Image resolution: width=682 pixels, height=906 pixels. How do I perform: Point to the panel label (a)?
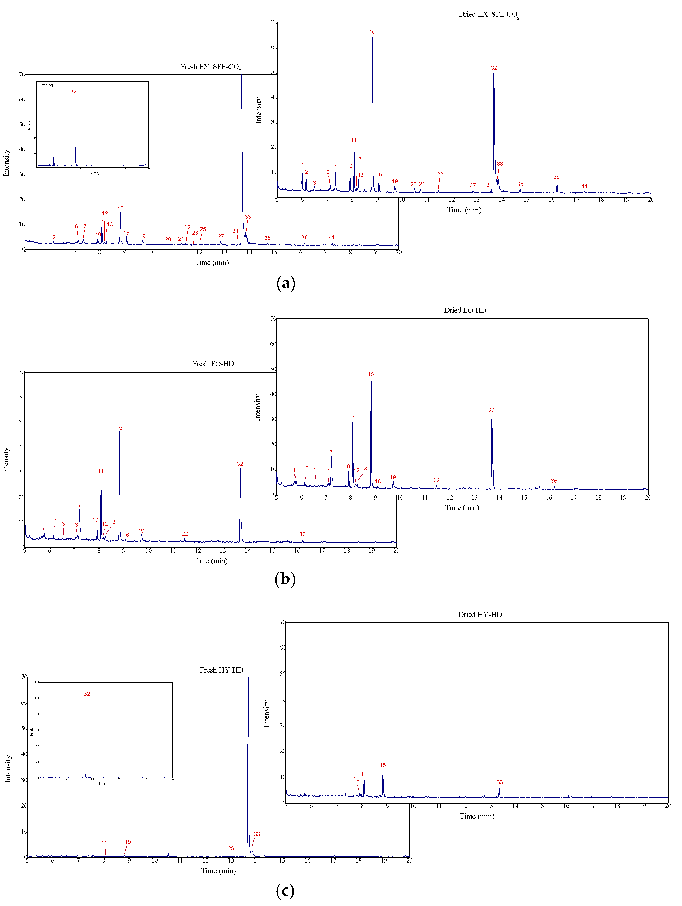point(286,283)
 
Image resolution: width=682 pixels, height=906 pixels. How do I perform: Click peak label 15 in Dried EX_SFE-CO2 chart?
point(372,31)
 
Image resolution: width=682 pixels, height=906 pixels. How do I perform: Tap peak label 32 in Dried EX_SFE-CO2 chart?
point(494,68)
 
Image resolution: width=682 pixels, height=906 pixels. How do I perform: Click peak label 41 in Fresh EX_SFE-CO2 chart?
point(332,238)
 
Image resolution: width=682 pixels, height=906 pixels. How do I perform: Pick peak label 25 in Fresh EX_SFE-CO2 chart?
point(203,229)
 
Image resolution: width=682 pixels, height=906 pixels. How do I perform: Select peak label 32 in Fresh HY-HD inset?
point(87,693)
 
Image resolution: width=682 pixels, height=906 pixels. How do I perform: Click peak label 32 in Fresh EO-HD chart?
point(240,464)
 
